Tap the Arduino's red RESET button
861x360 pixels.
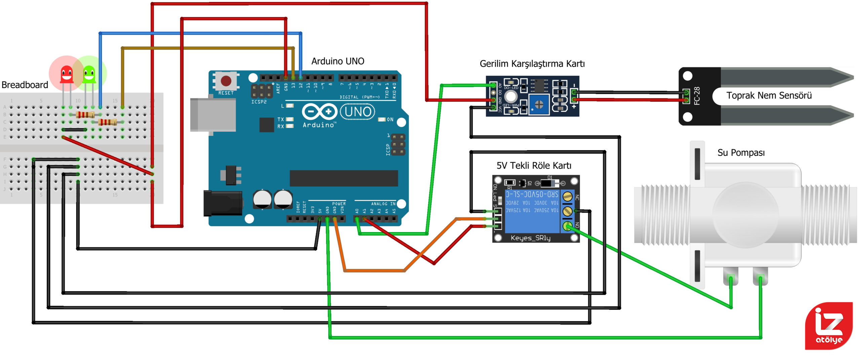click(226, 81)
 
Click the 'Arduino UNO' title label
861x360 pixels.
click(338, 61)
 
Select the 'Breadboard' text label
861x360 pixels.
click(25, 85)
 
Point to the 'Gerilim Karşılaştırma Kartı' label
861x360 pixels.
click(532, 64)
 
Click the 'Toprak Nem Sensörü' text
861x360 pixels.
click(769, 96)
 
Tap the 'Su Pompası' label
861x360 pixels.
click(741, 153)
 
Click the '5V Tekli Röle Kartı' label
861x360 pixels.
click(534, 166)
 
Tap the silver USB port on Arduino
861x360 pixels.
click(213, 115)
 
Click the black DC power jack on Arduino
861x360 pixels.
click(223, 203)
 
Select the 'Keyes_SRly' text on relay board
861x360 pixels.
click(530, 238)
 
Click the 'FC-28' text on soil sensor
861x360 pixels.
click(697, 96)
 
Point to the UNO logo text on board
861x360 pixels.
click(358, 112)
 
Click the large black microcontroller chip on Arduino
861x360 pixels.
click(344, 178)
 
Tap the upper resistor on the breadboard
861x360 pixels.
click(85, 114)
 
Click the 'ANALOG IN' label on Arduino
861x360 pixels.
click(383, 204)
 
